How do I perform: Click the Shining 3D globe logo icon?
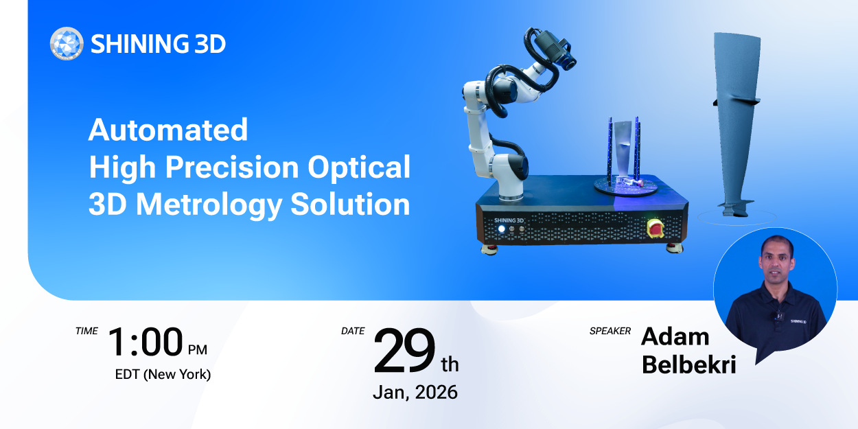tap(67, 44)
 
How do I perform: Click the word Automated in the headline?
tap(167, 130)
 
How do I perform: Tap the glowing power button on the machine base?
tap(502, 229)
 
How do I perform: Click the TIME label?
tap(86, 331)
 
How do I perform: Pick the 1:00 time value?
tap(146, 343)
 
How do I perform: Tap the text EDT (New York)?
tap(163, 375)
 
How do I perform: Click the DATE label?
tap(353, 331)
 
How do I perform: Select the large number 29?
tap(404, 350)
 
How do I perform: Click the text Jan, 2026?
tap(415, 392)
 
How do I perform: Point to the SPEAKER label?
tap(610, 331)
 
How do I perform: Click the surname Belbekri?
tap(688, 365)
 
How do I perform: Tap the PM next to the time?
tap(197, 350)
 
